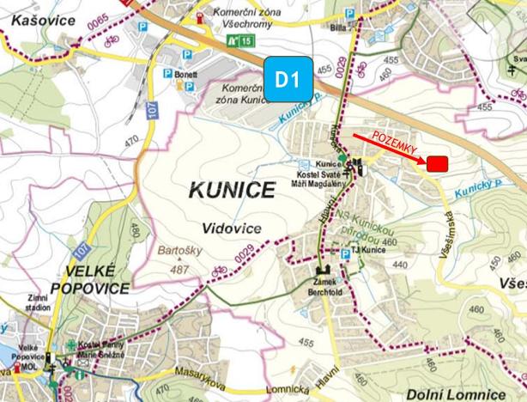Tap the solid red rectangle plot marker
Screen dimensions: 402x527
pyautogui.click(x=439, y=163)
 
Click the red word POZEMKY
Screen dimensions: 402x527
pyautogui.click(x=394, y=144)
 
